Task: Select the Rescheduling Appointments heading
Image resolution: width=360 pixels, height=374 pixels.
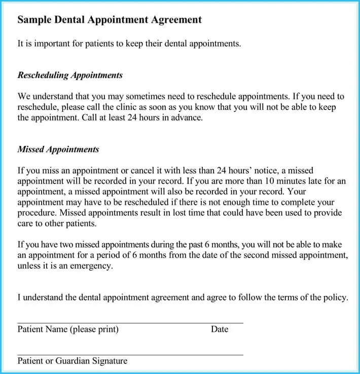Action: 70,76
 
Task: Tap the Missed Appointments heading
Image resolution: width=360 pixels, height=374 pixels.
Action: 58,149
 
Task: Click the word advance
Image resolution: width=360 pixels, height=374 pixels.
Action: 186,118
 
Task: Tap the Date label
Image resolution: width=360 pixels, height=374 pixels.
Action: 220,329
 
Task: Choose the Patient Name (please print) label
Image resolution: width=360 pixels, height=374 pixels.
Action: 68,329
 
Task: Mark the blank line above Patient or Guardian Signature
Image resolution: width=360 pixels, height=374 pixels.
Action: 130,355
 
